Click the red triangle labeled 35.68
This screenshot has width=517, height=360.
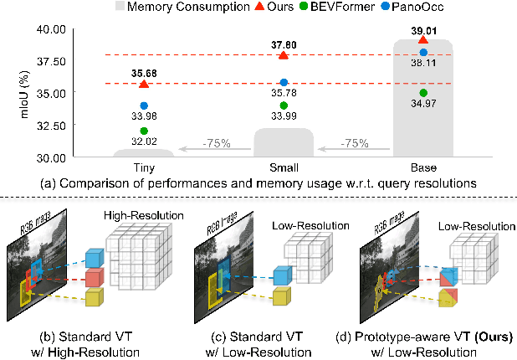pyautogui.click(x=144, y=84)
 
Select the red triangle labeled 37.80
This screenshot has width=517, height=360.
pyautogui.click(x=284, y=55)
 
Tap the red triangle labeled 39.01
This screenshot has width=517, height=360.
pyautogui.click(x=423, y=39)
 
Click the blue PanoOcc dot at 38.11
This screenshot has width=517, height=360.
pyautogui.click(x=423, y=53)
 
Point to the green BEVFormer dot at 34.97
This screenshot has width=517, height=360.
pyautogui.click(x=423, y=92)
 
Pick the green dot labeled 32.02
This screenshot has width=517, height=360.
pyautogui.click(x=144, y=131)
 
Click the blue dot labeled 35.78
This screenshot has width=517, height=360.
pyautogui.click(x=284, y=82)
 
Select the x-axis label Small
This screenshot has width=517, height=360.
pyautogui.click(x=284, y=167)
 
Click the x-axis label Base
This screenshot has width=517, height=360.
pyautogui.click(x=423, y=167)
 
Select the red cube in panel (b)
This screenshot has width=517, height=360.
pyautogui.click(x=95, y=275)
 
